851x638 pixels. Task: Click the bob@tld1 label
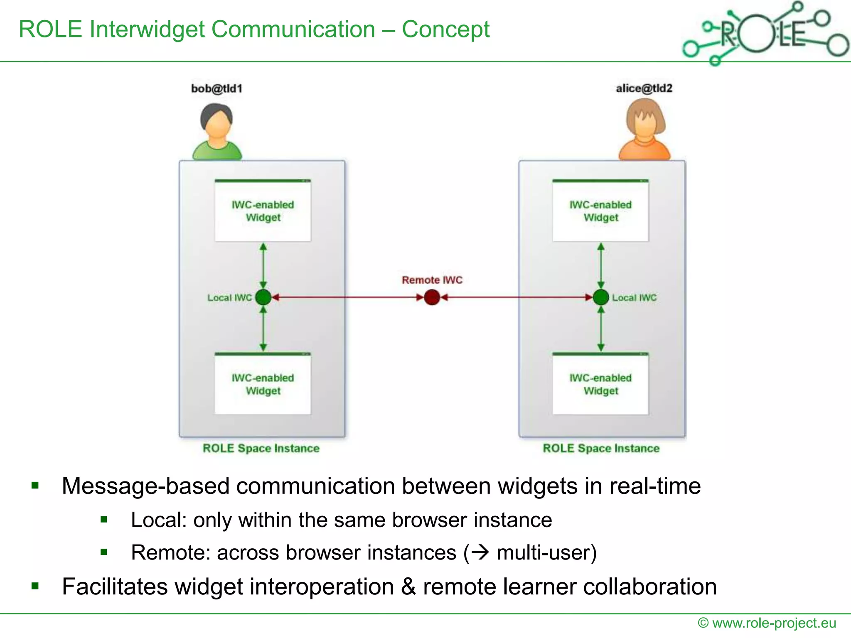[216, 88]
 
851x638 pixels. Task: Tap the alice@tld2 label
[644, 88]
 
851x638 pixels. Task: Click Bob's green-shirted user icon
[216, 132]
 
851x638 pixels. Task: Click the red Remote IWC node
[432, 297]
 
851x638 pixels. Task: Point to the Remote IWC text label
[432, 280]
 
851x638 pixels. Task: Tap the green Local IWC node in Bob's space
[263, 297]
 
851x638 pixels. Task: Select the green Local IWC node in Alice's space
[601, 297]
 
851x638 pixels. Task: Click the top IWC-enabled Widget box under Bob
[263, 211]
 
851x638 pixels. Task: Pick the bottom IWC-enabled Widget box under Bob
[263, 384]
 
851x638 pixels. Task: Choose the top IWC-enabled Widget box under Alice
[600, 211]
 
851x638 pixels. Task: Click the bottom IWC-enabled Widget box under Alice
[600, 384]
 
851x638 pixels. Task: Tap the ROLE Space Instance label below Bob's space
[261, 448]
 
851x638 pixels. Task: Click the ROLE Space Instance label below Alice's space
[601, 448]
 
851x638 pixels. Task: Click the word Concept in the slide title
[445, 29]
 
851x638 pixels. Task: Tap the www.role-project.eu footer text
[774, 623]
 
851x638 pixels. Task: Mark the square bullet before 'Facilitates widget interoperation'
[35, 586]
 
